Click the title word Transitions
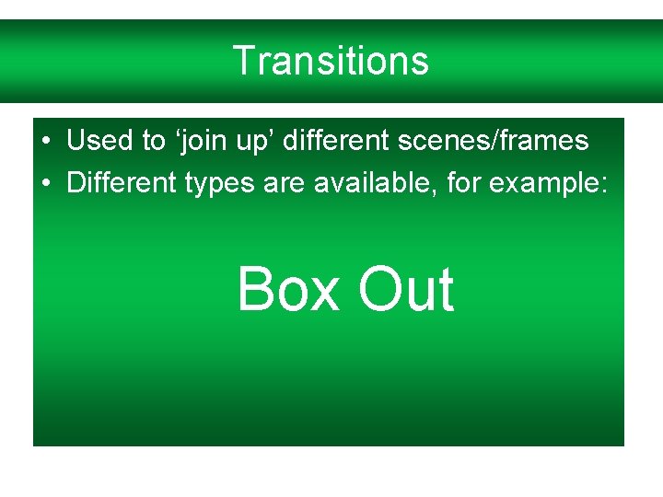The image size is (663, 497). pyautogui.click(x=331, y=61)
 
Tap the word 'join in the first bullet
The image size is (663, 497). pyautogui.click(x=187, y=141)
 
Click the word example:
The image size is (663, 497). pyautogui.click(x=548, y=183)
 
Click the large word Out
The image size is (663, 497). pyautogui.click(x=406, y=289)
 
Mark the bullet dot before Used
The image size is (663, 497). pyautogui.click(x=45, y=141)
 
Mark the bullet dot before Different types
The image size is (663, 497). pyautogui.click(x=45, y=182)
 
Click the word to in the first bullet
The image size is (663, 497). pyautogui.click(x=152, y=141)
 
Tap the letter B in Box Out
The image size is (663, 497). pyautogui.click(x=258, y=289)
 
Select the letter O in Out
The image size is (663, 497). pyautogui.click(x=381, y=289)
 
